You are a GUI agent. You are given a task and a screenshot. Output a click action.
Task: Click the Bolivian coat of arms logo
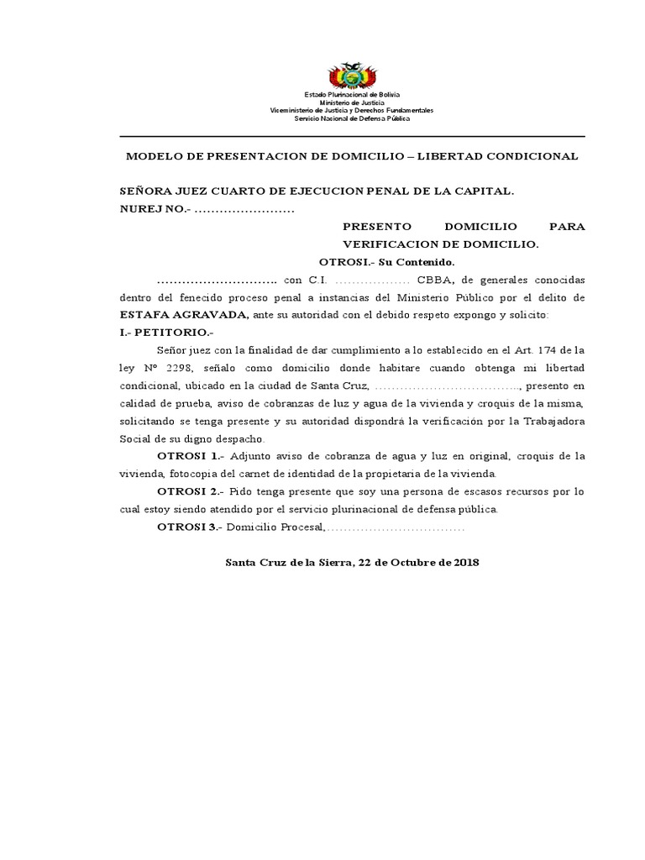click(352, 76)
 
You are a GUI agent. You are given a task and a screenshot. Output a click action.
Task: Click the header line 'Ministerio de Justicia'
click(352, 102)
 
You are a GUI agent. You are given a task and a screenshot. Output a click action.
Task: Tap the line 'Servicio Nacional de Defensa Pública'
click(352, 118)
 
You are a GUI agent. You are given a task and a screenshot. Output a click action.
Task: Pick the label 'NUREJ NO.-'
click(155, 209)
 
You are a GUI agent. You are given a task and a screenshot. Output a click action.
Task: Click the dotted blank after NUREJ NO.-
click(244, 209)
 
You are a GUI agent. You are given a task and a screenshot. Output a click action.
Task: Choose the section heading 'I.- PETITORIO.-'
click(167, 333)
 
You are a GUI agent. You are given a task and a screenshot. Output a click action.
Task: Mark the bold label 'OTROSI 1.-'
click(191, 456)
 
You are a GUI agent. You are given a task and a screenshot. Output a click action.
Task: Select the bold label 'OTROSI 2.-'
click(191, 491)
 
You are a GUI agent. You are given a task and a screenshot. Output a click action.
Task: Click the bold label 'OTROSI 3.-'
click(191, 527)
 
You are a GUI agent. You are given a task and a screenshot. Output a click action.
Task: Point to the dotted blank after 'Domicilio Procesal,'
click(396, 527)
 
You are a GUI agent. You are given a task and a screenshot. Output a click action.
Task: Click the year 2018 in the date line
click(464, 563)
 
